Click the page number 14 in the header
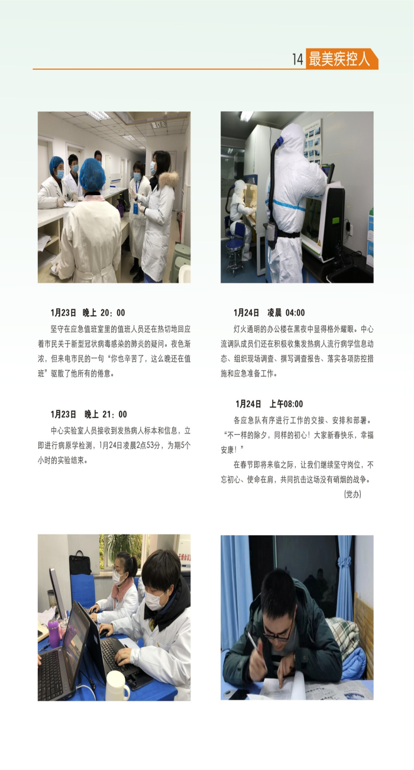point(297,59)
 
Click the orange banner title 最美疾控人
point(339,59)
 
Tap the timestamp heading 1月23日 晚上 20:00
point(88,312)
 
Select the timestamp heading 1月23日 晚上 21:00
point(89,414)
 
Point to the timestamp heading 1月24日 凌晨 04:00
point(269,312)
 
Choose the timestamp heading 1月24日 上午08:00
point(269,403)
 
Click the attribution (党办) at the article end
point(352,494)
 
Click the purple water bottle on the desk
point(53,633)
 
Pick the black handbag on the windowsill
point(80,563)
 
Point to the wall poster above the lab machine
point(313,141)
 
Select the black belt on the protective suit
point(288,234)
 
